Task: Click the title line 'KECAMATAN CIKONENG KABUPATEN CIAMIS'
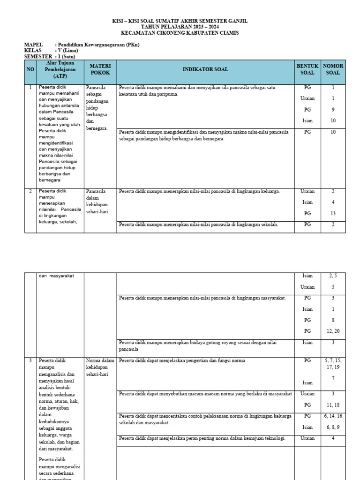tap(180, 33)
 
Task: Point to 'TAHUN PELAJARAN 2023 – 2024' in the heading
tap(180, 27)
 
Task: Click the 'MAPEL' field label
tap(33, 45)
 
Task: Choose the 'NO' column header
tap(30, 69)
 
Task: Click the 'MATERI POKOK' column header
tap(100, 69)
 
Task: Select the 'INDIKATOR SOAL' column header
tap(205, 69)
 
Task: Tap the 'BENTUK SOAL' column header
tap(307, 69)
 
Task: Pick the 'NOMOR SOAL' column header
tap(333, 69)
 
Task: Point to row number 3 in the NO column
tap(30, 360)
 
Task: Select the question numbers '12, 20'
tap(333, 331)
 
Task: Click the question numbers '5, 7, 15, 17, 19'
tap(333, 364)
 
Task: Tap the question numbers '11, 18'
tap(333, 405)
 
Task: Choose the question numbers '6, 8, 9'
tap(333, 427)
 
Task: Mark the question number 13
tap(333, 213)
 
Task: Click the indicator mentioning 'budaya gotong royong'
tap(198, 346)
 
